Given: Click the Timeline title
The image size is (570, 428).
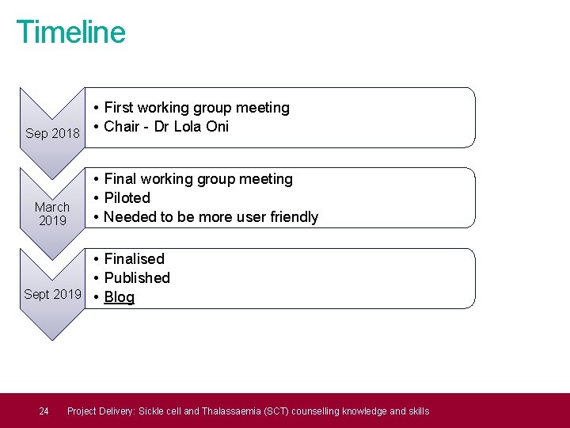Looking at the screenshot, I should (x=70, y=32).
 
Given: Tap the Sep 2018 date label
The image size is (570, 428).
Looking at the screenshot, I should (x=52, y=133).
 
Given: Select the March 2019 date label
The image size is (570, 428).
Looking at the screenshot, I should (x=52, y=214).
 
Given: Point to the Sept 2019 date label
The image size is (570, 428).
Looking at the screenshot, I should (x=52, y=294).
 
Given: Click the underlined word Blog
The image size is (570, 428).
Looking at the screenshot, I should (x=120, y=297).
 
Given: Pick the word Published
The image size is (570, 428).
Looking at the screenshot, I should (x=137, y=278).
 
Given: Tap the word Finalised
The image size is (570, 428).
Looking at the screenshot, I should (x=134, y=259).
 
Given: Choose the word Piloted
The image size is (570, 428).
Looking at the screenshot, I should (x=127, y=198).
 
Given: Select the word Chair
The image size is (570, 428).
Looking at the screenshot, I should (x=122, y=127).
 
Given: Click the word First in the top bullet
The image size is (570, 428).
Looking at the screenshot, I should (x=119, y=108).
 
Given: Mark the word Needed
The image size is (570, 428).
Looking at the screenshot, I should (x=131, y=217).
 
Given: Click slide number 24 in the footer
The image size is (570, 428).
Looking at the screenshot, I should (x=44, y=411).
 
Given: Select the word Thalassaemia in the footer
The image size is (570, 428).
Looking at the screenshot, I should (x=232, y=411).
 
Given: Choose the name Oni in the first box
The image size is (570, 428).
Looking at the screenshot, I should (x=217, y=127).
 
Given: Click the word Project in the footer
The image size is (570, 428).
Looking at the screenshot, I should (x=83, y=411).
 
